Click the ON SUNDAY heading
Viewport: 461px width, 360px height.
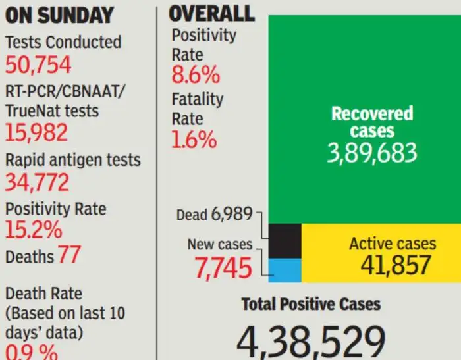[x=59, y=16]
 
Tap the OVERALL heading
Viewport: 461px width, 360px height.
[x=211, y=13]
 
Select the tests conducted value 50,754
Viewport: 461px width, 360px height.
[x=38, y=65]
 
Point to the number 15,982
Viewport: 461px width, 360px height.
[x=37, y=133]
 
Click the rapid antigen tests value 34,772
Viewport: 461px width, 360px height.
[x=38, y=182]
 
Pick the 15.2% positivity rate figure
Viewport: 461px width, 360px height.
[x=34, y=230]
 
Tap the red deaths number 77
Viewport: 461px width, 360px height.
[x=69, y=255]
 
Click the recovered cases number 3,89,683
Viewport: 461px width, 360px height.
[x=372, y=153]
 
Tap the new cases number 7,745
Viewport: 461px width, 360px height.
[x=223, y=268]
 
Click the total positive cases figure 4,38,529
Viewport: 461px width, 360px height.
[x=311, y=341]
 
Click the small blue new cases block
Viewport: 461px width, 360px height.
[x=286, y=270]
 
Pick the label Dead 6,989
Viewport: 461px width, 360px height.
[x=215, y=215]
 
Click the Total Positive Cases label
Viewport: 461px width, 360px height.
[x=311, y=304]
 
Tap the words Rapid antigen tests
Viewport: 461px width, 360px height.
[x=73, y=160]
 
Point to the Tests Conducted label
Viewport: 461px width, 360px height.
[x=63, y=42]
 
